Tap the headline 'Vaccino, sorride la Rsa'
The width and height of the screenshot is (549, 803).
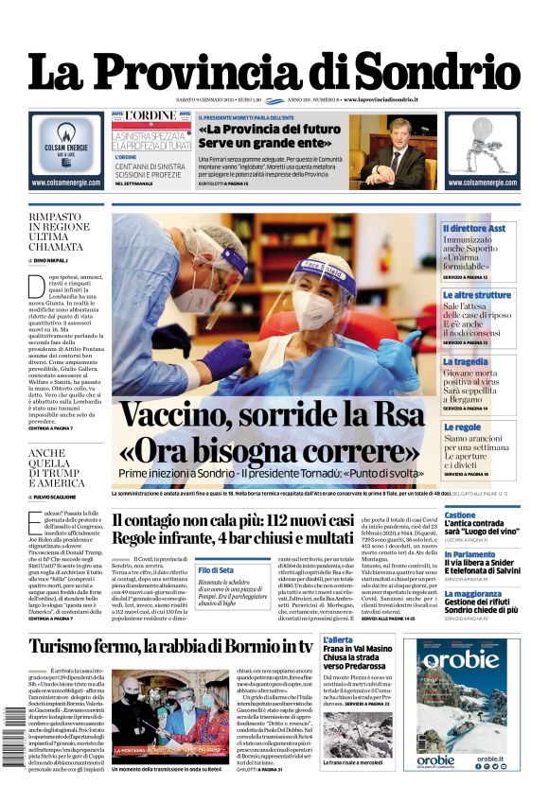(273, 417)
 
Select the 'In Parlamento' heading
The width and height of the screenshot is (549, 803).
(495, 554)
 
